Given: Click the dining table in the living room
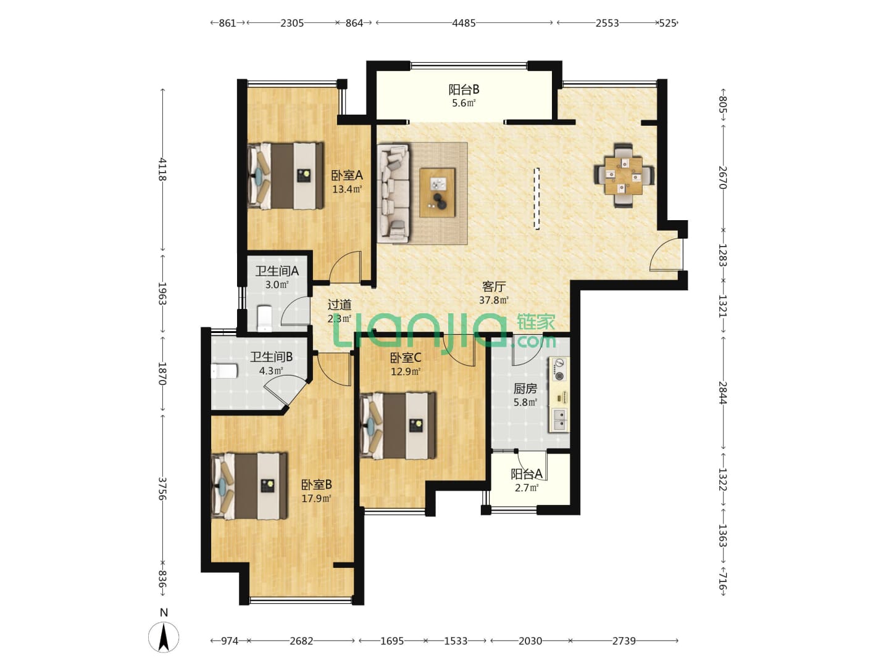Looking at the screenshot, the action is point(624,176).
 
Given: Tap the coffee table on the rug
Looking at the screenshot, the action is point(437,192).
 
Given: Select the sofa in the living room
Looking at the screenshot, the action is point(393,194).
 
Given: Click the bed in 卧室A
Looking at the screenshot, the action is point(286,176).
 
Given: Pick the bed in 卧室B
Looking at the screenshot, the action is point(249,486).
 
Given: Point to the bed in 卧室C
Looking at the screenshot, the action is point(398,425).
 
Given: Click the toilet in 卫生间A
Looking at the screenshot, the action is point(264,318).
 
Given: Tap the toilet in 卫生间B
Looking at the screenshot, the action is point(224,371).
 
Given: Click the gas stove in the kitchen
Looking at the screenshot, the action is point(559,369).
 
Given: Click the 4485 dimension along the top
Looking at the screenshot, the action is point(464,23).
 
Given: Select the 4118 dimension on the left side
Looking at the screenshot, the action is point(162,169).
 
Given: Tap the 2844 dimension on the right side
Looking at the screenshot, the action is point(723,392).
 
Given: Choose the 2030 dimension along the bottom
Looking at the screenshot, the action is point(530,641).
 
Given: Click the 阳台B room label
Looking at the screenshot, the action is point(464,89).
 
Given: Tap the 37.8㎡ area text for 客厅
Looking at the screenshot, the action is point(494,300).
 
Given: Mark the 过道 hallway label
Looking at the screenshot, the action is point(339,304).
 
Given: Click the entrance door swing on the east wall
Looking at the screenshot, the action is point(666,254).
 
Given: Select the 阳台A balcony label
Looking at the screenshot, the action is point(527,474).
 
